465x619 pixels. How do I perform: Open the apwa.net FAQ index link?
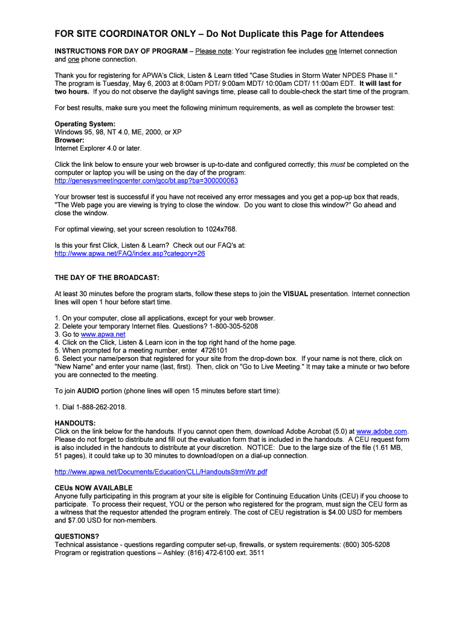coord(130,254)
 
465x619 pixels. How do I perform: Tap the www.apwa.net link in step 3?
coord(103,334)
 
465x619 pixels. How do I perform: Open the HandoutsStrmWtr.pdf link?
coord(161,472)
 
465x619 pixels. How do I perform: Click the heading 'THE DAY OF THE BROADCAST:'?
coord(107,277)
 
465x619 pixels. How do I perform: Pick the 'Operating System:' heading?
coord(85,124)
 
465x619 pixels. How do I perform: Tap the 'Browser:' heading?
coord(69,140)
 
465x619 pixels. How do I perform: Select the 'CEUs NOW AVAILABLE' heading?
coord(94,488)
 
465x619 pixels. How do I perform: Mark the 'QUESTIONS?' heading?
coord(77,536)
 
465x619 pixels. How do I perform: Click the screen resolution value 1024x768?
coord(219,229)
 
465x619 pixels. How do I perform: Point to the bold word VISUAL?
coord(295,294)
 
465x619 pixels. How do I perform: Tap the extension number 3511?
coord(256,553)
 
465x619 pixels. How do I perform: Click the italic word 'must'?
coord(338,164)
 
